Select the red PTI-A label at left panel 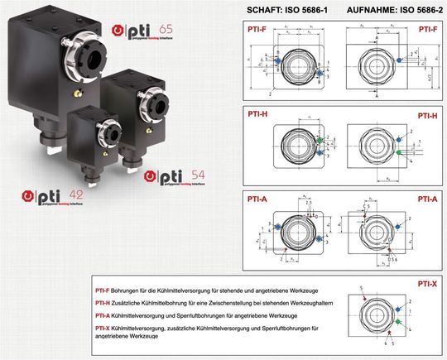tap(257, 199)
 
